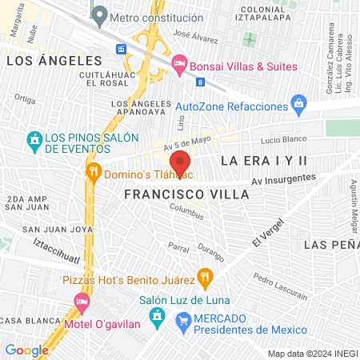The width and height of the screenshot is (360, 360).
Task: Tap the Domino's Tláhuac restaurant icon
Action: click(94, 170)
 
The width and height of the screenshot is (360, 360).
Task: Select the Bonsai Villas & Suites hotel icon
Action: click(179, 62)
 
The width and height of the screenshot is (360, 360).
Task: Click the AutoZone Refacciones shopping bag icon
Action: click(298, 102)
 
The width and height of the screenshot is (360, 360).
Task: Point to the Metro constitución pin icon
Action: click(99, 14)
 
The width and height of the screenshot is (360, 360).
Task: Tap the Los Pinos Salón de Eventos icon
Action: click(34, 141)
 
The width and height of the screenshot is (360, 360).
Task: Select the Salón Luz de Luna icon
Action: click(158, 315)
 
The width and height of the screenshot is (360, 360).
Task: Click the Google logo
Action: click(26, 350)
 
